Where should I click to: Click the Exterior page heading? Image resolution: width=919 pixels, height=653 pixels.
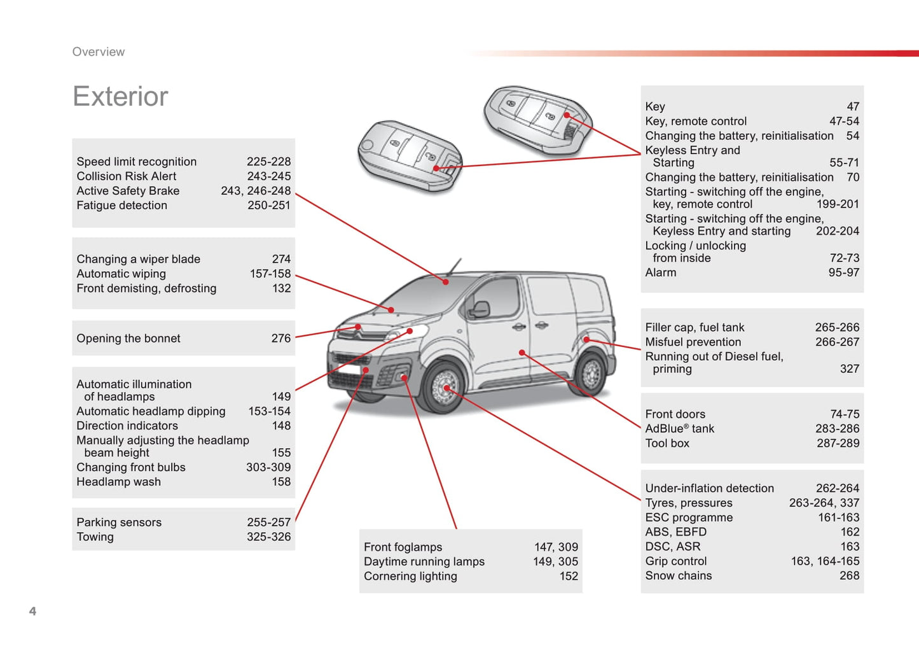(x=120, y=97)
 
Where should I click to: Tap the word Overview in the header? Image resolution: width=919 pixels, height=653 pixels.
(x=99, y=52)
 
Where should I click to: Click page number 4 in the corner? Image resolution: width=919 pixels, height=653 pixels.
(x=33, y=611)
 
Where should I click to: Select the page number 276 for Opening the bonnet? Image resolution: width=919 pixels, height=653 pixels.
(x=280, y=339)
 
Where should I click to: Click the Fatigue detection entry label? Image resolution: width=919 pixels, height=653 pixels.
(x=122, y=206)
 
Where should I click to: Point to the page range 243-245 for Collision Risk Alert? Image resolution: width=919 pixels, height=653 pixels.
(x=269, y=176)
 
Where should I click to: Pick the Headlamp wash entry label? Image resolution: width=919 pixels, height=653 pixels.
(x=118, y=482)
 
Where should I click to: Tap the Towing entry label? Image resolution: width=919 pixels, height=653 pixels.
(x=95, y=537)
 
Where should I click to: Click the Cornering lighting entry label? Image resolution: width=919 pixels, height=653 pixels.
(x=410, y=577)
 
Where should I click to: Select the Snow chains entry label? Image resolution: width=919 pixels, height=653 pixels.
(x=679, y=576)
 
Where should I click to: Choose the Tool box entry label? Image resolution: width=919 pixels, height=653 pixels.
(x=667, y=444)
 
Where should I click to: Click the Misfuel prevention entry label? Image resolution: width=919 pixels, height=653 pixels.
(x=693, y=342)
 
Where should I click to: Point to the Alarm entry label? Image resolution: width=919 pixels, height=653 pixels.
(x=661, y=272)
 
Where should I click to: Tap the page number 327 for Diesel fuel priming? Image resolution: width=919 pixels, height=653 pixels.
(x=849, y=369)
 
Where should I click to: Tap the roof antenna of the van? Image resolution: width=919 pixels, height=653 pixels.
(x=454, y=267)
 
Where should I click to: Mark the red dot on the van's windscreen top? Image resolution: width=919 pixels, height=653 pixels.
(x=446, y=282)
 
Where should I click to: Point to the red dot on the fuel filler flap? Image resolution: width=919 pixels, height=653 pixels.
(x=586, y=340)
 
